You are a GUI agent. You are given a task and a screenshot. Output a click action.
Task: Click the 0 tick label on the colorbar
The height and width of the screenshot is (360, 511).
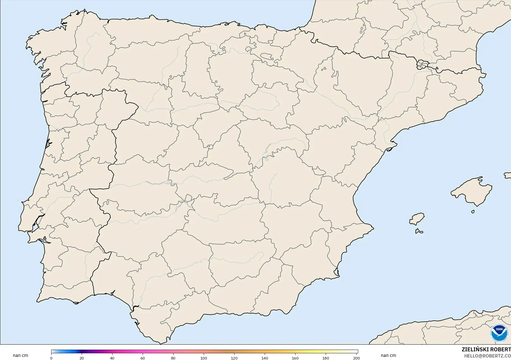pyautogui.click(x=51, y=358)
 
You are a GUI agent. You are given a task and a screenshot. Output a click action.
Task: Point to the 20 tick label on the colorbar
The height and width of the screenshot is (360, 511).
pyautogui.click(x=82, y=358)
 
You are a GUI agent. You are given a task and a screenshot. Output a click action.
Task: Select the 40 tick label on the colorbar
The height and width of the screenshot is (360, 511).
pyautogui.click(x=112, y=358)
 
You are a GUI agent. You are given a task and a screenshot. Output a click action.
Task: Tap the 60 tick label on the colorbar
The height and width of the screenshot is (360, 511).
pyautogui.click(x=143, y=358)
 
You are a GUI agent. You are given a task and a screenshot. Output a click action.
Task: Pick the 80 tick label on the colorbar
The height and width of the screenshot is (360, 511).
pyautogui.click(x=173, y=358)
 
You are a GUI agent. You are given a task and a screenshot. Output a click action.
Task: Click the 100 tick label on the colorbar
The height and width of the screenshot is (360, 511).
pyautogui.click(x=204, y=358)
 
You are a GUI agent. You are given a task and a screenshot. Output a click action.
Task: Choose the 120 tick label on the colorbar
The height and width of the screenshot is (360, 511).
pyautogui.click(x=234, y=358)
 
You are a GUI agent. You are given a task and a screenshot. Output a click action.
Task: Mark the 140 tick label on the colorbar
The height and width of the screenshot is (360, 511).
pyautogui.click(x=265, y=358)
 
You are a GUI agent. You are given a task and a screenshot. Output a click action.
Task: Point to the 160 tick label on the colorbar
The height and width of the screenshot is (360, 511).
pyautogui.click(x=295, y=358)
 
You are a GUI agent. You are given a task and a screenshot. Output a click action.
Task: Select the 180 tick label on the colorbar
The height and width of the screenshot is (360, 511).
pyautogui.click(x=326, y=358)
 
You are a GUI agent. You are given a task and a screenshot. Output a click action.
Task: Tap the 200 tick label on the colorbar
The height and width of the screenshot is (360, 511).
pyautogui.click(x=356, y=358)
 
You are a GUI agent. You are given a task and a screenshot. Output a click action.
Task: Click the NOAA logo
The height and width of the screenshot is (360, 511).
pyautogui.click(x=499, y=333)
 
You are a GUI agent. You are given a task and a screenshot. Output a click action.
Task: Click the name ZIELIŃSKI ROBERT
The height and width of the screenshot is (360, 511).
pyautogui.click(x=486, y=350)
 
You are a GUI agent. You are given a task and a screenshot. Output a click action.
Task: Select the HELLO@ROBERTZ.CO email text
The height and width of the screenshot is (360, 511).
pyautogui.click(x=487, y=356)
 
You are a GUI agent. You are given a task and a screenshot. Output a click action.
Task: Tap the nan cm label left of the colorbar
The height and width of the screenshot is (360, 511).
pyautogui.click(x=20, y=356)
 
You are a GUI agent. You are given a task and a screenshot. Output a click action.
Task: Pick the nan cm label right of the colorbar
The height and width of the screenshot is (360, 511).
pyautogui.click(x=388, y=356)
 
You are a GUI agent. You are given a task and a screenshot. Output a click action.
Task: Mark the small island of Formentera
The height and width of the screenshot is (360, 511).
pyautogui.click(x=419, y=231)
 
